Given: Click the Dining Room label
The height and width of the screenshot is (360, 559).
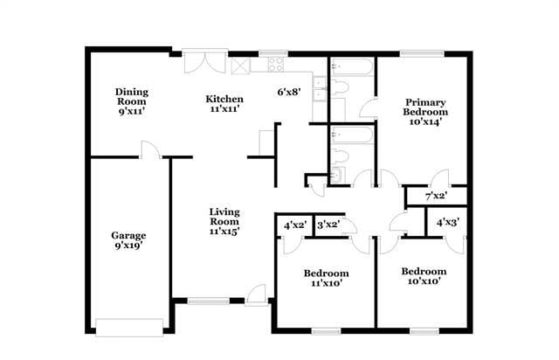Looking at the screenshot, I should point(133,100).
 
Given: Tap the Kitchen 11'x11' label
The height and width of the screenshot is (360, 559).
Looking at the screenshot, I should point(224,103).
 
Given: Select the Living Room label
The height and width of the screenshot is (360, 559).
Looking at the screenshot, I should point(224,221).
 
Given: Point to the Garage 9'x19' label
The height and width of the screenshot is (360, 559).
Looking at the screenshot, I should point(128,240).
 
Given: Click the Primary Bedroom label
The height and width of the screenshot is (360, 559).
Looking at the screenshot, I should point(425,112).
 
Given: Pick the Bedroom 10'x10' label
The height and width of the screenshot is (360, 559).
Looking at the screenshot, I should point(425,276).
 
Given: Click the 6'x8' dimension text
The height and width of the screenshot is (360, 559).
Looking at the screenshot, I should point(289,92).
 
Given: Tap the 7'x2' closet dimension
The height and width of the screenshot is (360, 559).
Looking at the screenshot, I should point(436,197).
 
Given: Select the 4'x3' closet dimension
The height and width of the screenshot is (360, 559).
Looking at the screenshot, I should point(449,222).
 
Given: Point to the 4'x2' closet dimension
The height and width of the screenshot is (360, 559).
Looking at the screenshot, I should point(295,225).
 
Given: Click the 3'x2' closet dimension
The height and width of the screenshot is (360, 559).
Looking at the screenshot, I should point(330,225).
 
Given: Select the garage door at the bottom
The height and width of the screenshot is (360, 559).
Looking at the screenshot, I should point(129,329).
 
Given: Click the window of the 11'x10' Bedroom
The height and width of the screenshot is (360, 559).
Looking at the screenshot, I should point(327,331).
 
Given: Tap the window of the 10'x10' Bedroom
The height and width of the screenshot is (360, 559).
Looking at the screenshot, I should point(423,331).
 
